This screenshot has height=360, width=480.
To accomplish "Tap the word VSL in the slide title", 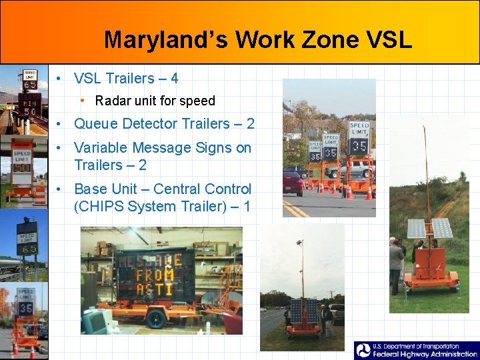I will tap(388, 40).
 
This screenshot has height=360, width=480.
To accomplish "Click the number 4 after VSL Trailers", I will tap(174, 79).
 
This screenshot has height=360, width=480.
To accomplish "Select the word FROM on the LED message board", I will tap(155, 274).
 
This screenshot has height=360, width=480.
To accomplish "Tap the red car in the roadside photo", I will tap(293, 181).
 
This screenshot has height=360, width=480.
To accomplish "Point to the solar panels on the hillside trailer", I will tap(430, 229).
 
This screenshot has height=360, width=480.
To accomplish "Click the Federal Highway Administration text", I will tap(423, 354).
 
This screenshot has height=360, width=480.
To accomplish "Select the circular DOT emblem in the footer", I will tap(363, 351).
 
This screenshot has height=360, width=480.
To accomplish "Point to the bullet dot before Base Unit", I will tap(59, 190).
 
